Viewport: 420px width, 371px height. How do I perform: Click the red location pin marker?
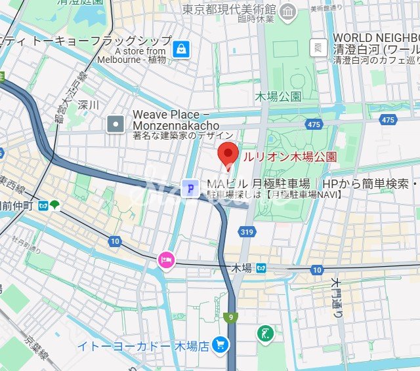point(226,155)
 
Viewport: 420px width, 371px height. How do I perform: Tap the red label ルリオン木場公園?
point(289,157)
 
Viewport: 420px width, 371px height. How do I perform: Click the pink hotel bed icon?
point(165,260)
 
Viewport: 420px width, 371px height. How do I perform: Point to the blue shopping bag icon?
point(181,48)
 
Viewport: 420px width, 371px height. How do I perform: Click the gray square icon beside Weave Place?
point(116,123)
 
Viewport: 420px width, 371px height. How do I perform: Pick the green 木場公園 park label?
point(278,96)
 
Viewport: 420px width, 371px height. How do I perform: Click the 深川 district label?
point(88,104)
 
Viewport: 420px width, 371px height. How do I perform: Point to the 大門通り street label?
point(337,298)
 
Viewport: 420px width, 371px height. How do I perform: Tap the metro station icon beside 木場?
point(261,269)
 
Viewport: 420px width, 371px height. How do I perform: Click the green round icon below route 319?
point(266,333)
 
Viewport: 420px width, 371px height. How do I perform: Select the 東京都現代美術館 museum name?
point(230,10)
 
